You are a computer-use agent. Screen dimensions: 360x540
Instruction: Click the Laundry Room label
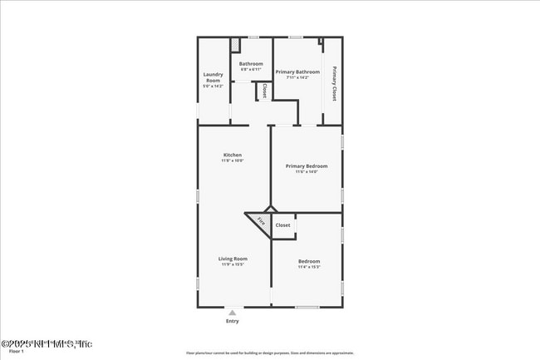click(214, 77)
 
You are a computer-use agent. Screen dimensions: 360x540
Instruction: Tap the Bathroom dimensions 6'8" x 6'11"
click(251, 70)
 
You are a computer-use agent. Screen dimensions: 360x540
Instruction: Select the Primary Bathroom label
click(297, 72)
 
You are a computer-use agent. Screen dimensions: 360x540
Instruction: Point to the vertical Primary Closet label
click(334, 83)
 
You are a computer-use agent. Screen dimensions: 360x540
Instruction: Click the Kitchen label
click(232, 155)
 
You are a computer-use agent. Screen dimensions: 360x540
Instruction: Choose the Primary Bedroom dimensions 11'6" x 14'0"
click(307, 172)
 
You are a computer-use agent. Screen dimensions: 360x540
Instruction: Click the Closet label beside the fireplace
click(283, 224)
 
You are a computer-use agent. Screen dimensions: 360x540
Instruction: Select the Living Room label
click(233, 259)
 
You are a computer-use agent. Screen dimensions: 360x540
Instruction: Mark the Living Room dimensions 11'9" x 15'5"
click(233, 264)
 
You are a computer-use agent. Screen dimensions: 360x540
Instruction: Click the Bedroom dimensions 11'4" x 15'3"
click(308, 267)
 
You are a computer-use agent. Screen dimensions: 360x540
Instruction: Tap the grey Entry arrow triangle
click(232, 313)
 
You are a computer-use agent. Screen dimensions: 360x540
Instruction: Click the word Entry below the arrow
click(232, 322)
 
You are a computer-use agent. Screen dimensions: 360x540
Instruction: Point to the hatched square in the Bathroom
click(235, 43)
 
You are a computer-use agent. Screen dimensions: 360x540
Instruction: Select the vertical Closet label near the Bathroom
click(264, 91)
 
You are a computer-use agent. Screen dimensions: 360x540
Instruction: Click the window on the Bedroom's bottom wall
click(307, 308)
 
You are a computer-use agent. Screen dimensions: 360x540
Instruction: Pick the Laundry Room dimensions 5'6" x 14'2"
click(214, 86)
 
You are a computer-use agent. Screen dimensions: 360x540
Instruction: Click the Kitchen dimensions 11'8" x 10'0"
click(232, 161)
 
